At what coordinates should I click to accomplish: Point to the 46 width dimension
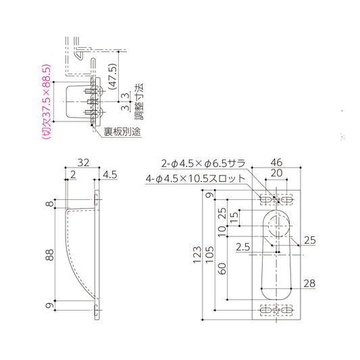276,163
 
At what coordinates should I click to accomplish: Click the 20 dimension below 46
276,174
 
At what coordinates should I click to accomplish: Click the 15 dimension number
234,217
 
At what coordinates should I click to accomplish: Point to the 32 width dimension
83,163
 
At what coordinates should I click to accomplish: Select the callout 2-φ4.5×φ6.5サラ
203,163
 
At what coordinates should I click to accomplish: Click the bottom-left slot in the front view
265,309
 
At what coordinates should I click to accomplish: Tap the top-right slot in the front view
288,200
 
